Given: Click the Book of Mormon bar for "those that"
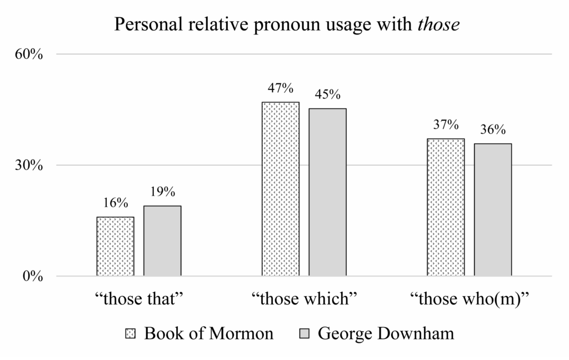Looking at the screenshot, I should [x=115, y=246].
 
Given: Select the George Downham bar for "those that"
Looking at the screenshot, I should [x=162, y=241].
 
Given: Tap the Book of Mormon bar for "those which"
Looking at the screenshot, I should [x=281, y=189].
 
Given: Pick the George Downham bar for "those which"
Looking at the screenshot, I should [x=327, y=192].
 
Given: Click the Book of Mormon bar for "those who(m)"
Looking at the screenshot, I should [x=446, y=207].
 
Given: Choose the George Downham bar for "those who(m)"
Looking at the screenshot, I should [x=493, y=209].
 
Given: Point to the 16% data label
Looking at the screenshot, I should [x=115, y=203].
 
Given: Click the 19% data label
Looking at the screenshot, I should [x=162, y=192].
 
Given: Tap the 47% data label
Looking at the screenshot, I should [x=280, y=88].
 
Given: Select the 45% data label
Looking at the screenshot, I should [x=327, y=94].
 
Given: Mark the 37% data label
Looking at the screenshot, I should [x=446, y=125].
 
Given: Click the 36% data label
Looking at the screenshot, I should [x=493, y=130].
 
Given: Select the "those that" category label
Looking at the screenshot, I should [x=139, y=299].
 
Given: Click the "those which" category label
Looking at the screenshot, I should [x=303, y=299].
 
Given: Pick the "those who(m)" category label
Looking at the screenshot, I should [x=469, y=299].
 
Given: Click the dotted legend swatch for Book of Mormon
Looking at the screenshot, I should [x=131, y=334].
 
